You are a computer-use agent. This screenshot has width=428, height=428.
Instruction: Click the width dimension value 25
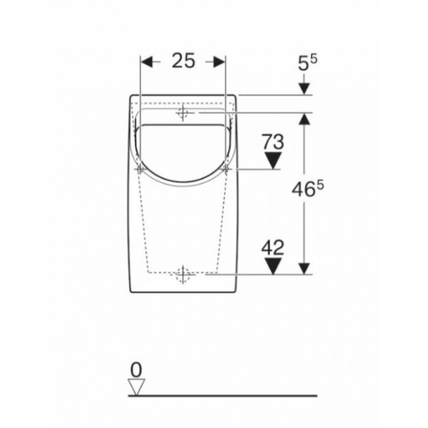click(183, 61)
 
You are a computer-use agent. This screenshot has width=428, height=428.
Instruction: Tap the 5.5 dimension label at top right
click(307, 63)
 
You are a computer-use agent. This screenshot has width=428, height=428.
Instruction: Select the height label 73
click(273, 142)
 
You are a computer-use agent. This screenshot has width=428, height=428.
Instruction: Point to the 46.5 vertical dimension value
click(307, 188)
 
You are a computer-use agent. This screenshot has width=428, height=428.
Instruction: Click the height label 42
click(273, 248)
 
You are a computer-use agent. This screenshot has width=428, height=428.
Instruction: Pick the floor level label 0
click(136, 370)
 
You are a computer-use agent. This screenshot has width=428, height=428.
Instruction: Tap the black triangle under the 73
click(273, 160)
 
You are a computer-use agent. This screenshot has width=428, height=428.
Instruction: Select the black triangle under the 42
click(273, 266)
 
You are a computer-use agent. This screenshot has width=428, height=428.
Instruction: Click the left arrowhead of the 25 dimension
click(146, 62)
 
